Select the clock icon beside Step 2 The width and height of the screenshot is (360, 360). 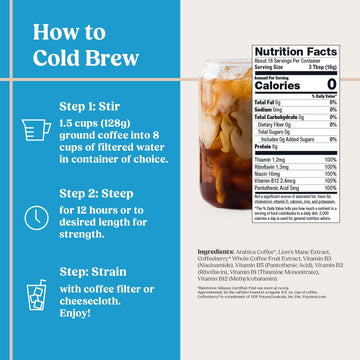pos(32,218)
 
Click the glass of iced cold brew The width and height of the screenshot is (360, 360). pos(215,140)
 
